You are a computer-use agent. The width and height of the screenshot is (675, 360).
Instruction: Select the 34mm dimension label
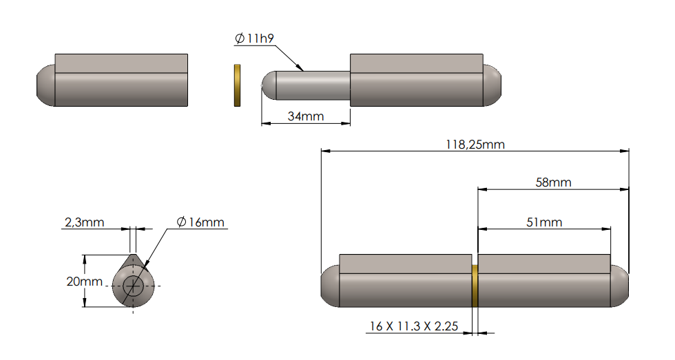click(305, 116)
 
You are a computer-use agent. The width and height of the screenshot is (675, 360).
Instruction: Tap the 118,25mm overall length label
click(475, 144)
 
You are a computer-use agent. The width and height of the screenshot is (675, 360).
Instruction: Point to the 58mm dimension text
click(553, 182)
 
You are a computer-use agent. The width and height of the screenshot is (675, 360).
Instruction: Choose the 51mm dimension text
click(544, 222)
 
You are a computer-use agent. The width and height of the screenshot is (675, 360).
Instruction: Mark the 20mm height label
click(70, 282)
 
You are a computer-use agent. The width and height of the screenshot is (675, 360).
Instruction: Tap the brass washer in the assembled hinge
click(475, 286)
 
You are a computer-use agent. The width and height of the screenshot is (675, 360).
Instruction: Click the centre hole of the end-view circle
click(134, 285)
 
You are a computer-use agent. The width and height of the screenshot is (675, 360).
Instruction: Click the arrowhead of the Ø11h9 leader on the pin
click(301, 69)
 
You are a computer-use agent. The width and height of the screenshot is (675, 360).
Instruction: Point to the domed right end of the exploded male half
click(492, 86)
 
